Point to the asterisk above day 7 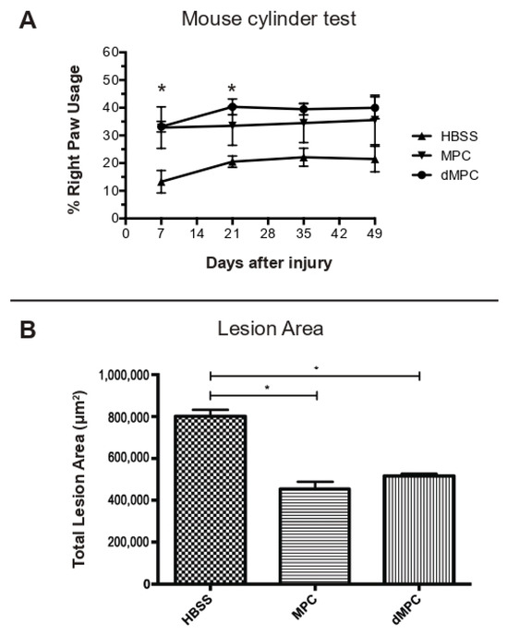pos(162,90)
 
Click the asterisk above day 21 pos(232,90)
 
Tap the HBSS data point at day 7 pos(162,182)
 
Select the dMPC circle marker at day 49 pos(374,108)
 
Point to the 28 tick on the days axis pos(268,234)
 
